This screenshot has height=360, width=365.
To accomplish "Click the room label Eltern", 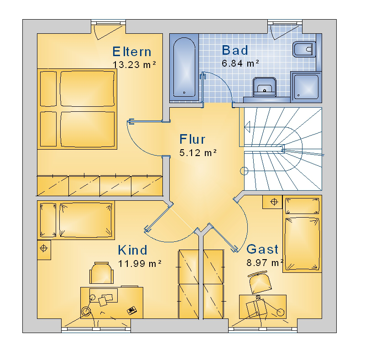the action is [132, 52].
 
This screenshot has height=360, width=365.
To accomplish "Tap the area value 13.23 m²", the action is [134, 64].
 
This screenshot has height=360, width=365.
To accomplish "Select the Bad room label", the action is [235, 50].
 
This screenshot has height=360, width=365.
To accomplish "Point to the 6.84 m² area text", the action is [240, 63].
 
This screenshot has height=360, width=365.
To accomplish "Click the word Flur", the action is [192, 139].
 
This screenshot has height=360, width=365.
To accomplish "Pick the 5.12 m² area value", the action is [198, 152].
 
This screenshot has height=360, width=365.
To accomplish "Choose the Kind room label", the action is [132, 250].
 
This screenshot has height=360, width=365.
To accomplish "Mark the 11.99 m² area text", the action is [140, 263].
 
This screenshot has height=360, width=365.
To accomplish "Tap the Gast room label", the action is [262, 249].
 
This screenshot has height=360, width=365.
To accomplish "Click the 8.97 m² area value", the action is [265, 262].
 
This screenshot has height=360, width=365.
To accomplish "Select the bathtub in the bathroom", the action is [184, 67].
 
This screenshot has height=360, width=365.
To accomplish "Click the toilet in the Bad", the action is [303, 49].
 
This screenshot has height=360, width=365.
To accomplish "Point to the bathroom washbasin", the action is [265, 87].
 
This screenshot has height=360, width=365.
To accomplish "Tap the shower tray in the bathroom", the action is [306, 87].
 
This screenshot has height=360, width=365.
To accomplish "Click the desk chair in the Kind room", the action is [102, 273].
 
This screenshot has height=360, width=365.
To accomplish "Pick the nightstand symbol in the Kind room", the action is [44, 250].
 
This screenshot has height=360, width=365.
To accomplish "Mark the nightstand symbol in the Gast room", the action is [272, 202].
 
